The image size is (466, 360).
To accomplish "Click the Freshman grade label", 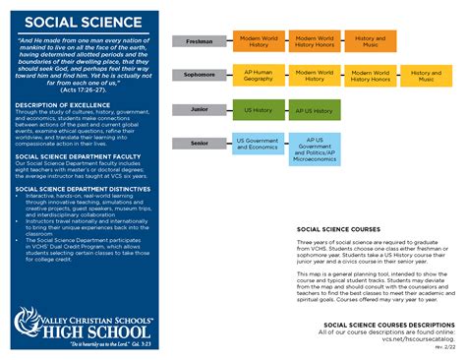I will [200, 41].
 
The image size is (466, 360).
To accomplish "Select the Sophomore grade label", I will [200, 75].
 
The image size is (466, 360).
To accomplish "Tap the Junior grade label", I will [200, 110].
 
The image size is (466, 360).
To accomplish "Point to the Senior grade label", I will [200, 144].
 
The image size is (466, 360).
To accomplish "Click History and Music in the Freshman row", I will [370, 40].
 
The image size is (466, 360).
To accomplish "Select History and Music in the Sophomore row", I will [426, 76].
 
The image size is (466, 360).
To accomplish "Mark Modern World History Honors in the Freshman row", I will [315, 40].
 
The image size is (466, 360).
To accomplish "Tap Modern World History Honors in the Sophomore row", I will [371, 76].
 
